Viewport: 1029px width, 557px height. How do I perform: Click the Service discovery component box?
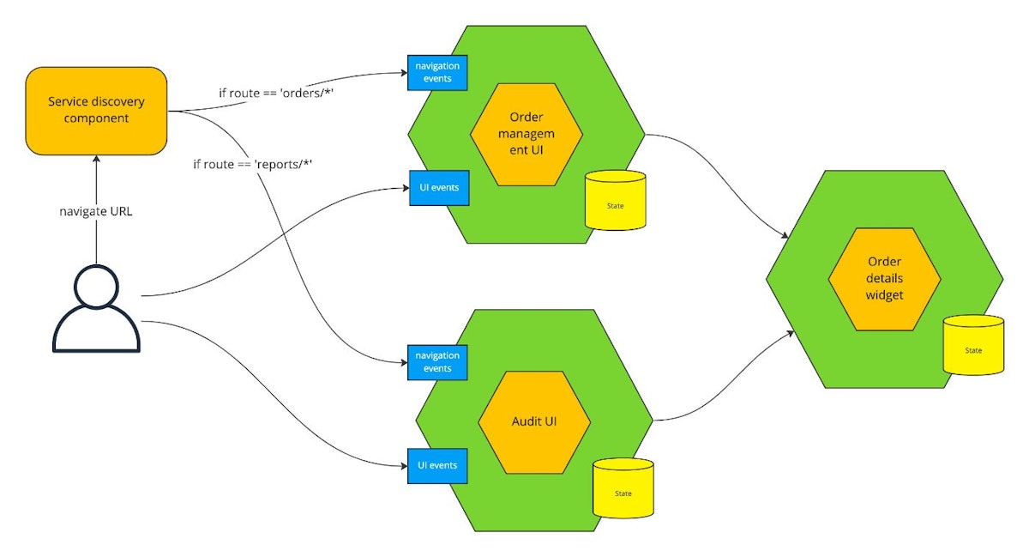[x=96, y=110]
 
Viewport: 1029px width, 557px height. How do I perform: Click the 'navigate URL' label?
[x=96, y=210]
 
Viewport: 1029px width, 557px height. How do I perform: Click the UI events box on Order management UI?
[x=438, y=187]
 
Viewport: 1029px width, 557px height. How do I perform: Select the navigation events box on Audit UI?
[x=437, y=361]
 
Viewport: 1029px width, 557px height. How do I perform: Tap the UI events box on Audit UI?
[x=437, y=465]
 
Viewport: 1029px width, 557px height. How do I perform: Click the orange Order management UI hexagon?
[x=526, y=135]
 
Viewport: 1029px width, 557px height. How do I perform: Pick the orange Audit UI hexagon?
[x=534, y=422]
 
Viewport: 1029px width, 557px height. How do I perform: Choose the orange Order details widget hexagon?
[x=884, y=279]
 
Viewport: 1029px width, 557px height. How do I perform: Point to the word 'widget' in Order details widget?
[x=885, y=295]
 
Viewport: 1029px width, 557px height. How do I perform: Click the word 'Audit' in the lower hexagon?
[x=525, y=422]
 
